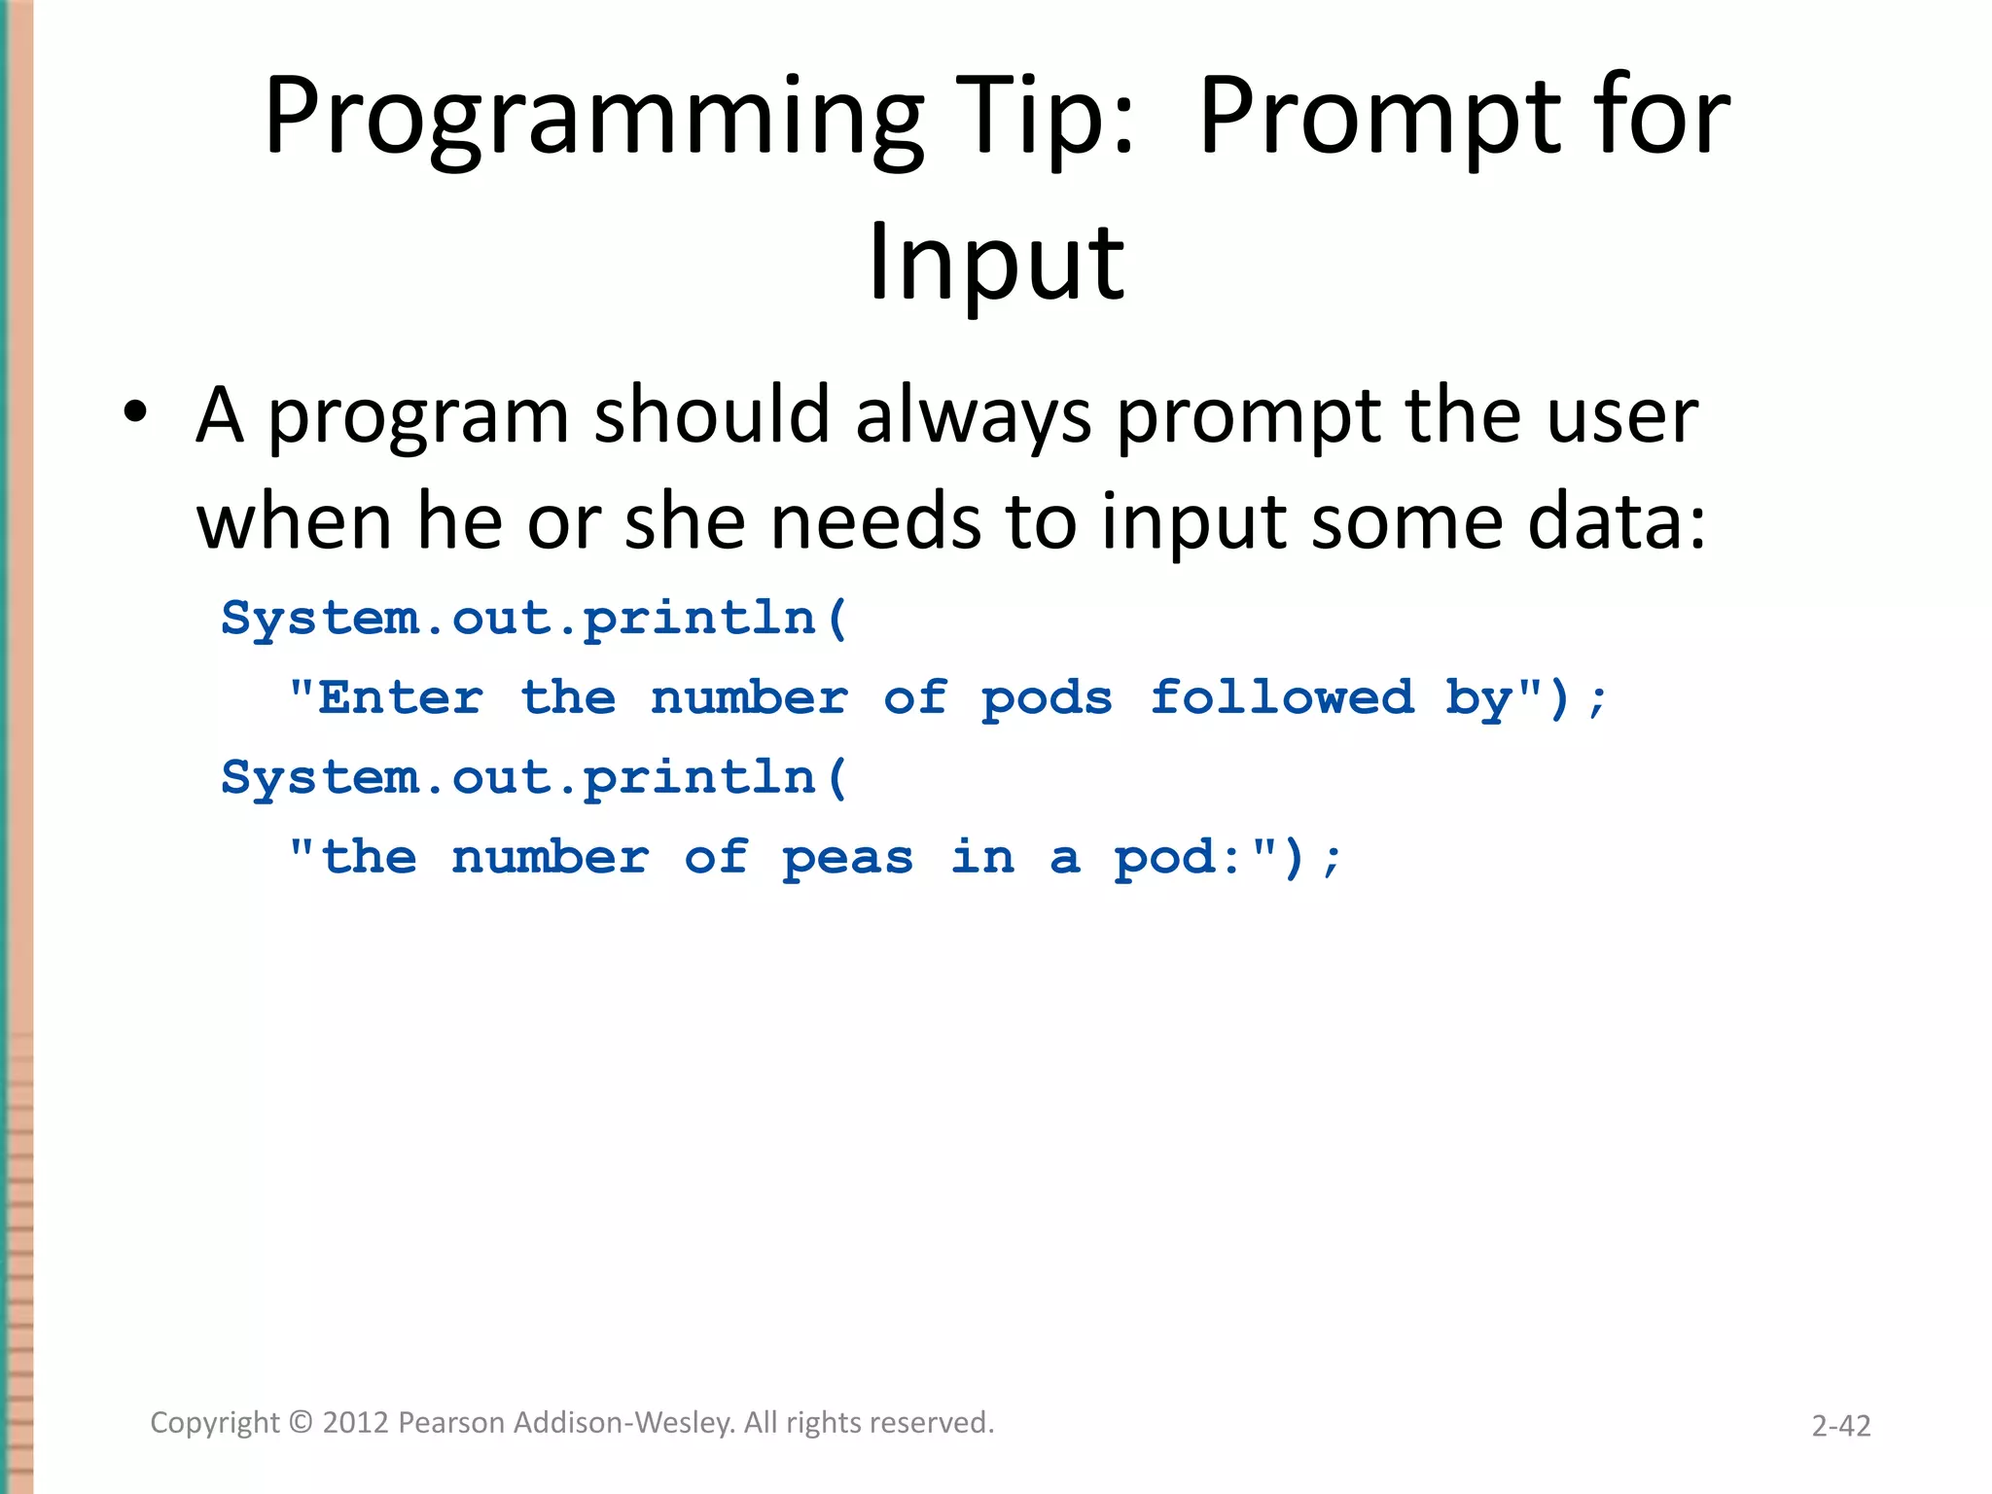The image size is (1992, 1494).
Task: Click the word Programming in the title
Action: (593, 119)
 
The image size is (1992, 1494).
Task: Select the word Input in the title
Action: (996, 263)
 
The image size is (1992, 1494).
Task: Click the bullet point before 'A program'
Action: (135, 413)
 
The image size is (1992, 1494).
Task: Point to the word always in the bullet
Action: (973, 416)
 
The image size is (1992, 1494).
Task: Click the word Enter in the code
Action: (400, 698)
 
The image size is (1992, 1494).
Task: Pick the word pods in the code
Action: (1047, 698)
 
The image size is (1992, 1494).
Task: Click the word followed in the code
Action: (1282, 698)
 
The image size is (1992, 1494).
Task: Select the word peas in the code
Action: (847, 858)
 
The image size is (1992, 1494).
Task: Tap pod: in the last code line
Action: (1178, 858)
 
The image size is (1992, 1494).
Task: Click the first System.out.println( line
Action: (534, 619)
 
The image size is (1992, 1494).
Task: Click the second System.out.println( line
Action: (534, 778)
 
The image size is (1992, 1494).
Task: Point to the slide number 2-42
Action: (1840, 1426)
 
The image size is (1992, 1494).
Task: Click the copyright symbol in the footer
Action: (302, 1423)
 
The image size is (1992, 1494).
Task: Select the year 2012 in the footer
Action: (356, 1423)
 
